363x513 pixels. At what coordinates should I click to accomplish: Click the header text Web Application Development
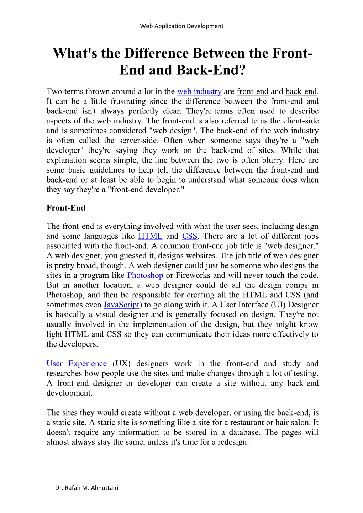click(x=181, y=26)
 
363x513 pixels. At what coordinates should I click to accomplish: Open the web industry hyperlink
click(x=199, y=91)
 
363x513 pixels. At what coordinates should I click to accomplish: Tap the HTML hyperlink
click(x=150, y=236)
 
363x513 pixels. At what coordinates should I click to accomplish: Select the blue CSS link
click(x=190, y=236)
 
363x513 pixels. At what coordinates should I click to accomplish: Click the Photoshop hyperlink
click(x=145, y=275)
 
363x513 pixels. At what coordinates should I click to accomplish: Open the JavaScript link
click(x=121, y=305)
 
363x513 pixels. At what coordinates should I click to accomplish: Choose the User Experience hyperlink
click(x=77, y=364)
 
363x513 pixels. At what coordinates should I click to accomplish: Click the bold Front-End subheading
click(x=66, y=208)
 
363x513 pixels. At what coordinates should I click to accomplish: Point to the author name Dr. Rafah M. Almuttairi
click(x=87, y=488)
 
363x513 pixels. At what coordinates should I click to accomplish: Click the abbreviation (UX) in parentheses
click(x=121, y=364)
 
